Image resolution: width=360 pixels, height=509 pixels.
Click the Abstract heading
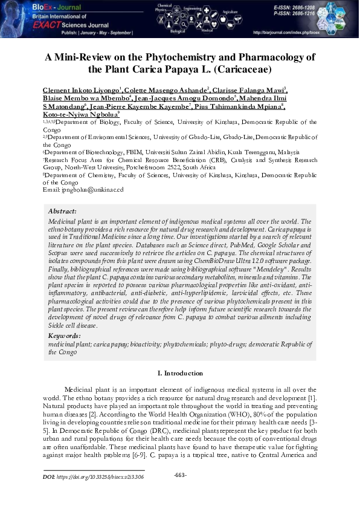pos(62,212)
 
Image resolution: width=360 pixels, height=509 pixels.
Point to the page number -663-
pos(180,475)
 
